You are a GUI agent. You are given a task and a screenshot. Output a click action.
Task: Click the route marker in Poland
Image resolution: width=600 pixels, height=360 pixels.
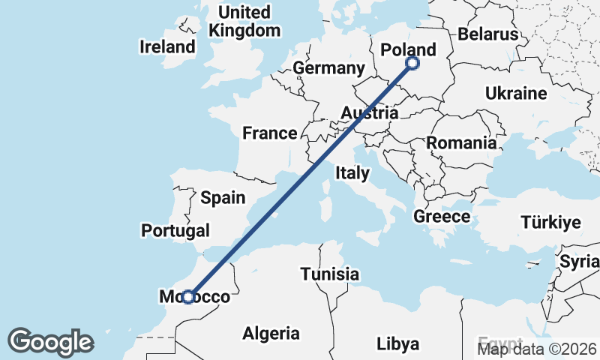coord(412,64)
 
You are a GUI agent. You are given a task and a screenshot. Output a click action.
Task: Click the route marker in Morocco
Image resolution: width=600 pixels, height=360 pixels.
coord(188,297)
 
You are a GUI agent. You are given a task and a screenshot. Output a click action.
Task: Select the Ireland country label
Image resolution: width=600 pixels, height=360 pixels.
coord(167,46)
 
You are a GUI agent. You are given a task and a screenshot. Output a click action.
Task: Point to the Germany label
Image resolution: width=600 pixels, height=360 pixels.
coord(328,68)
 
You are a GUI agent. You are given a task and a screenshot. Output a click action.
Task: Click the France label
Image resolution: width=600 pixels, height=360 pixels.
coord(269,133)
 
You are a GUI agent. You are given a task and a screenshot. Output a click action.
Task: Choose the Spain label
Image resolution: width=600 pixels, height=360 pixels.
coord(223,198)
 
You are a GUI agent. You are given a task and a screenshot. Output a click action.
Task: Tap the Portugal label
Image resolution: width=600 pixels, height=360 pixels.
coord(175,230)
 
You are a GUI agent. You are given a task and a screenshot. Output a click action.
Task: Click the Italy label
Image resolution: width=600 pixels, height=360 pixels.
coord(352,173)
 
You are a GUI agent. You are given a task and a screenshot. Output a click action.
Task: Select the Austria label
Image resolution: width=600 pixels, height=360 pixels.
coord(368,113)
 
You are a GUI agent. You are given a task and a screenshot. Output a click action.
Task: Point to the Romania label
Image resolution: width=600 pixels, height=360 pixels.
coord(461,142)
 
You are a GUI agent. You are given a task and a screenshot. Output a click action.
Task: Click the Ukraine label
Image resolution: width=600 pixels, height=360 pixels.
coord(516,94)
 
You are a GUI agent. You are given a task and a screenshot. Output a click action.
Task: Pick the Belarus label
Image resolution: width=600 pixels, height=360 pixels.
coord(487,34)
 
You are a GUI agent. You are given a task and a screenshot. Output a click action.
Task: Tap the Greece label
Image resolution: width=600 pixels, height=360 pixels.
coord(442,217)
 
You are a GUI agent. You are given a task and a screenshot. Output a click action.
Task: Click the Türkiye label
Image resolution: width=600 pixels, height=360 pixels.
coord(551,223)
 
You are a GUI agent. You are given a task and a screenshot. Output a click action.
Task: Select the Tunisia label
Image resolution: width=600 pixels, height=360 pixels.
coord(330,274)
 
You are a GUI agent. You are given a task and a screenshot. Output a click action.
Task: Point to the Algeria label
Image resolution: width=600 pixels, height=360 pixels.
coord(271,334)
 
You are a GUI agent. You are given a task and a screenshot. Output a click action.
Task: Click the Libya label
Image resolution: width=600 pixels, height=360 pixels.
coord(397,344)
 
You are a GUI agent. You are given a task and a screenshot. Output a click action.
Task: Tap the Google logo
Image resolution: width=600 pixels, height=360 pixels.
coord(50,342)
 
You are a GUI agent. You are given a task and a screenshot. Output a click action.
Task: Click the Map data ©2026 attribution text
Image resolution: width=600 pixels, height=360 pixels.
coord(538,347)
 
